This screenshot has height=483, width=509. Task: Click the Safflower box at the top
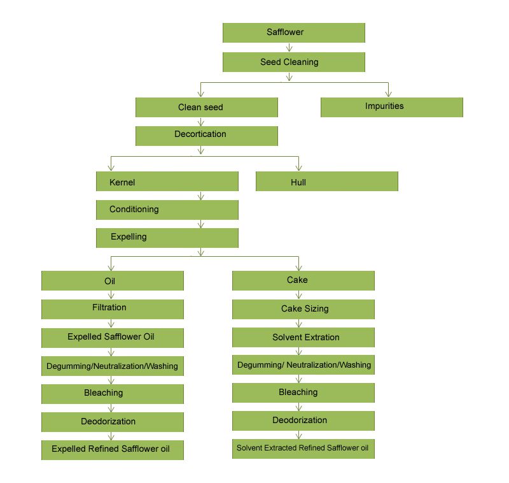click(293, 32)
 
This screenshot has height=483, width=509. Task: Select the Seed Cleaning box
click(293, 62)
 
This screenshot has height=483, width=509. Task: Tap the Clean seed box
click(207, 107)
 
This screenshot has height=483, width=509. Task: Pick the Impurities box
click(391, 106)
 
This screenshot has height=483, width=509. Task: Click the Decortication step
click(207, 135)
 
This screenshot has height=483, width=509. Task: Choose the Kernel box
click(167, 182)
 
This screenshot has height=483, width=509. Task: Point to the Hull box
click(326, 182)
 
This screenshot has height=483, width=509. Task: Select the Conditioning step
click(167, 210)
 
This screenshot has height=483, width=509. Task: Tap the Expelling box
click(167, 237)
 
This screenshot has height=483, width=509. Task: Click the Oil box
click(113, 281)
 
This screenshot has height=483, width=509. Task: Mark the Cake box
click(303, 280)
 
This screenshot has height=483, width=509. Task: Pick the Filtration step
click(113, 308)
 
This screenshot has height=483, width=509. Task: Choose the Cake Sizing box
click(303, 309)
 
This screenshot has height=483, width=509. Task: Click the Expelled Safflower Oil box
click(113, 337)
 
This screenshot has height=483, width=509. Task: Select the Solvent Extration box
click(303, 337)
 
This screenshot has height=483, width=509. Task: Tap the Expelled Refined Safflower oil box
click(113, 449)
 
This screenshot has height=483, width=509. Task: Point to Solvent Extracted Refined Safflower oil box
click(303, 448)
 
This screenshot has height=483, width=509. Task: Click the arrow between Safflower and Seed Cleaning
click(290, 47)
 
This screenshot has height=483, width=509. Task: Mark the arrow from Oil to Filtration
click(112, 295)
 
